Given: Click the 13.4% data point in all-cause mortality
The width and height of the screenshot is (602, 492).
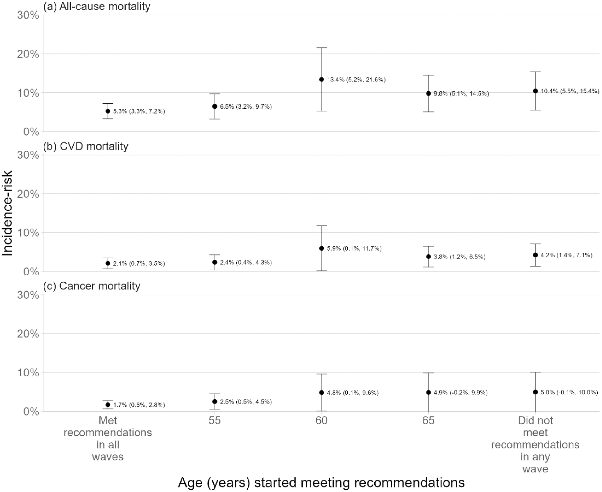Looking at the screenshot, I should pos(322,80).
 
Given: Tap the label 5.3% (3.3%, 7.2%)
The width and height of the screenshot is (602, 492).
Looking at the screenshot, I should pos(139,111).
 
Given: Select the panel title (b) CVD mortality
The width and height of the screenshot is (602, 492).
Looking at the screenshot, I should pos(86,146).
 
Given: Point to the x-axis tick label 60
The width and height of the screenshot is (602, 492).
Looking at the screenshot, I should pos(322,420).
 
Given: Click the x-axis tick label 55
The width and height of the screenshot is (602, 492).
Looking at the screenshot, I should pos(214,420).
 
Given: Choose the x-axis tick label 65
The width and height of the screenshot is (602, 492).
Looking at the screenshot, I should pos(428,420).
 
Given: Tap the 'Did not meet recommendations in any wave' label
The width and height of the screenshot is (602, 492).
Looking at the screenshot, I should pos(535,444).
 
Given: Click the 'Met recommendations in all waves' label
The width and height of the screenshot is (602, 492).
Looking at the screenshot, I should pos(108,438).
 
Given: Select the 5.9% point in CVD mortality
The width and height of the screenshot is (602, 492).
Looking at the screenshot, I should pos(322,248).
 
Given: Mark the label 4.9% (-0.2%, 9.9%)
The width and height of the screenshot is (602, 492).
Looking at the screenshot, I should pos(460,393).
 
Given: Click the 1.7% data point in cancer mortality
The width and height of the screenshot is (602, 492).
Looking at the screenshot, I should pos(108,405).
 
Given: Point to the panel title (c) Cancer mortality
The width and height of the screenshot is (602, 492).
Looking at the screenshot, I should pos(92,286).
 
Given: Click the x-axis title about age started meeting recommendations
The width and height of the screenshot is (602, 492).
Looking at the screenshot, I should pos(321,482).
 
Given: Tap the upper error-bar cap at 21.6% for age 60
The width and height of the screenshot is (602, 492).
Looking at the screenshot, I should pos(322,48).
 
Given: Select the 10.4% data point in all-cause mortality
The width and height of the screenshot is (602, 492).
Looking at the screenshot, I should pos(535,91).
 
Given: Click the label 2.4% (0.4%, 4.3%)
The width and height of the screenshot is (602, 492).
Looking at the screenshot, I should pos(246,263).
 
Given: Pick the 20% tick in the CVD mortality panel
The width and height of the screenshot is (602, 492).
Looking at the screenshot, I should pos(28,194).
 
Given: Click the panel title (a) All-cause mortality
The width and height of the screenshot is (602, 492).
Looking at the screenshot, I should pos(97,6).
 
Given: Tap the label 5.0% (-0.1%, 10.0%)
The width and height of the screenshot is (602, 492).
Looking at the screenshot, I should pos(569,392).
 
